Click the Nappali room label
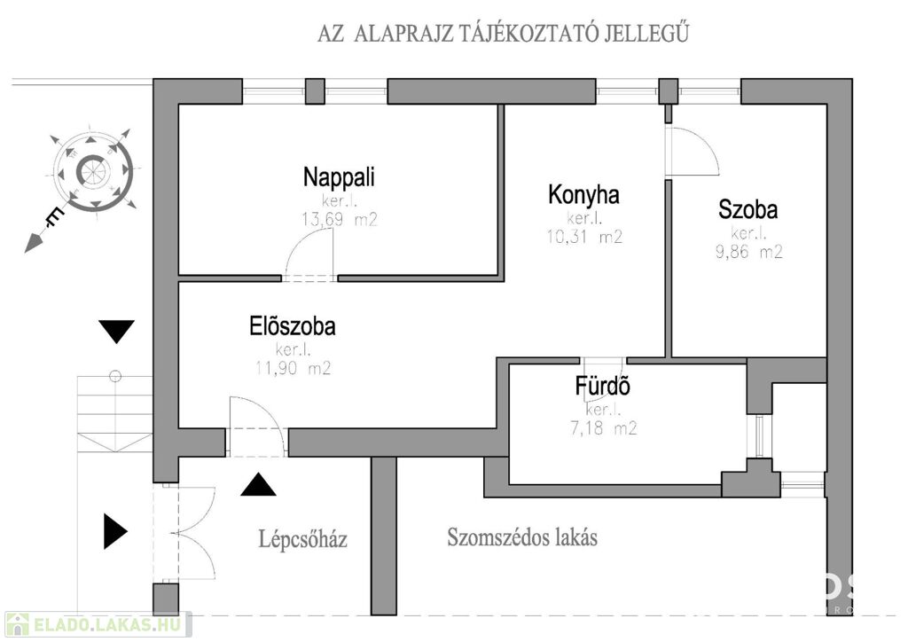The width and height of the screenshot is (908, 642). (339, 177)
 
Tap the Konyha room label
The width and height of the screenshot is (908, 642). (583, 194)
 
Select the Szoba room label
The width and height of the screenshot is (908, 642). (748, 209)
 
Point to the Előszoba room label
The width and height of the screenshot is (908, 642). (293, 326)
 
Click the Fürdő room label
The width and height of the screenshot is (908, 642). (602, 386)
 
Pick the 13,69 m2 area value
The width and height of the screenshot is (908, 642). (340, 219)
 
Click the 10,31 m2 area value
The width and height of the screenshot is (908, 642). (584, 237)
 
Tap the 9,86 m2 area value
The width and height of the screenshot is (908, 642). (748, 252)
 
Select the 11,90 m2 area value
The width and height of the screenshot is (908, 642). (293, 368)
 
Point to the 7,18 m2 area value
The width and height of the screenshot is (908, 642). (603, 428)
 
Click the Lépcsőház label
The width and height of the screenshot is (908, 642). (303, 539)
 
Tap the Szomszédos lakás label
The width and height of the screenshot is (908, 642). (521, 537)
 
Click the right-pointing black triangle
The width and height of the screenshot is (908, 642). (115, 531)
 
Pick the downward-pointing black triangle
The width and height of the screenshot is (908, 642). (116, 332)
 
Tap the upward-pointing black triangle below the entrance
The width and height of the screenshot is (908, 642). (258, 484)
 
